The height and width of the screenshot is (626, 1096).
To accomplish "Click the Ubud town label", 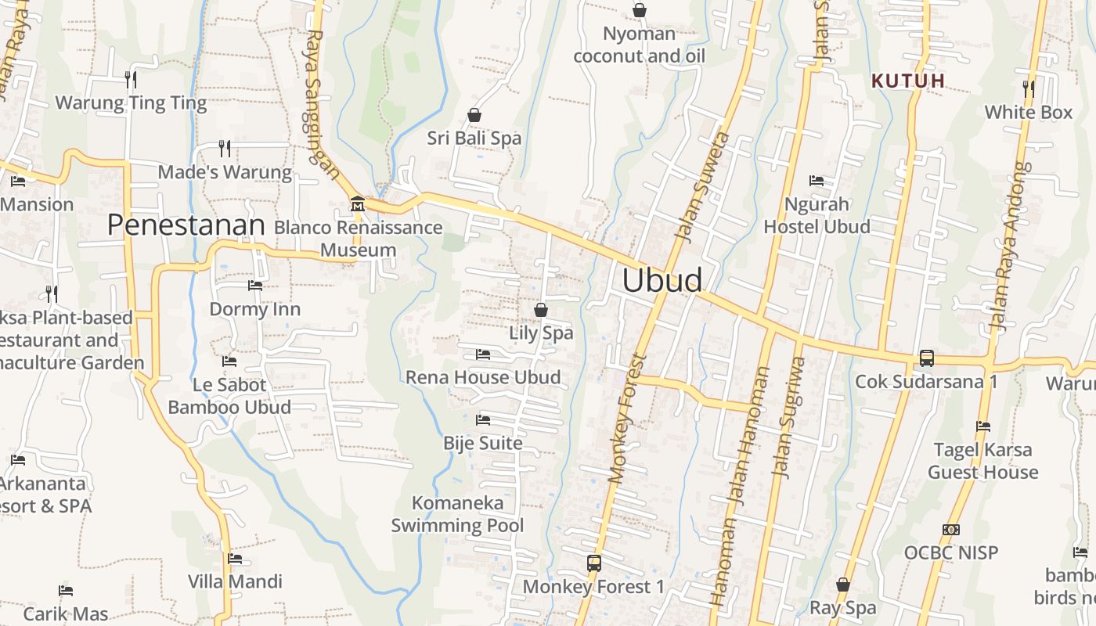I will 662,280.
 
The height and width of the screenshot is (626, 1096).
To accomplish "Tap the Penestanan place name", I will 186,225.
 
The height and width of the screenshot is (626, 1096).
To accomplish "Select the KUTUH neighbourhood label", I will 908,81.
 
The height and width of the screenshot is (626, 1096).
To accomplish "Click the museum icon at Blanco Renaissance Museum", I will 358,204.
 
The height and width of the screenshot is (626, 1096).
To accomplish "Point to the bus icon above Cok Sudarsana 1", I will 926,358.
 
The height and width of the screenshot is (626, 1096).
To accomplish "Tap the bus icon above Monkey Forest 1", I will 593,563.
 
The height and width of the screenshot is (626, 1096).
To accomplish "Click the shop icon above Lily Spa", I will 540,310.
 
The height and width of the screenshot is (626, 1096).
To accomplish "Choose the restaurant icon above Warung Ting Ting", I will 131,79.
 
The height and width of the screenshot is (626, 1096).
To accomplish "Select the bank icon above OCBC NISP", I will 950,530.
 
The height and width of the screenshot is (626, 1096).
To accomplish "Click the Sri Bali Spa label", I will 474,139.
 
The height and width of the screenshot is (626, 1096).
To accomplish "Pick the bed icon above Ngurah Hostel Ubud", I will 817,181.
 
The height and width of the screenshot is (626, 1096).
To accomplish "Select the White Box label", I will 1028,113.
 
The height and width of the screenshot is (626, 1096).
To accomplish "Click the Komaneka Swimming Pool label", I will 458,514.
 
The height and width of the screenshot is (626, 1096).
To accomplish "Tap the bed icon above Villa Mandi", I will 234,559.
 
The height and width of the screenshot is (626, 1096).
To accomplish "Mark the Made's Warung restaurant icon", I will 224,148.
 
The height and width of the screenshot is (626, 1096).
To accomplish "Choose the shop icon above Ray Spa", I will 842,585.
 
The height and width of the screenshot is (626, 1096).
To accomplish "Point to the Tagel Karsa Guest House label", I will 982,461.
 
